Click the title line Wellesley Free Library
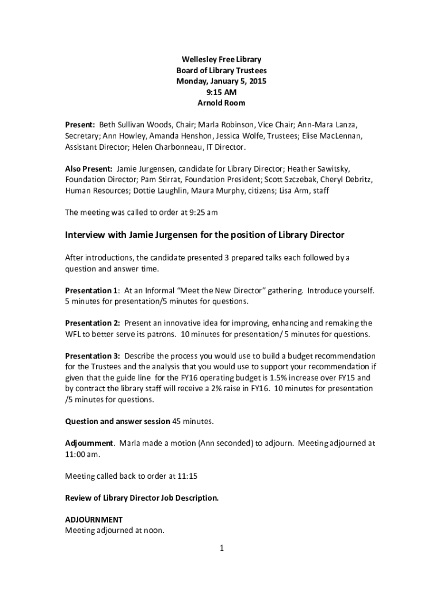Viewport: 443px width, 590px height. [x=221, y=59]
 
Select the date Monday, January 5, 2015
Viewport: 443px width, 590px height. [x=221, y=81]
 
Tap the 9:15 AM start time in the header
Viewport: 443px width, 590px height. [x=221, y=92]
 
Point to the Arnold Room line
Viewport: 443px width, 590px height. [x=221, y=103]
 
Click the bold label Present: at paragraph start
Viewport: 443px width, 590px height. [x=80, y=124]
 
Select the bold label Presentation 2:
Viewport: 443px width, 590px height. [x=92, y=323]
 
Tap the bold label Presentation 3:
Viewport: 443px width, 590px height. [x=92, y=355]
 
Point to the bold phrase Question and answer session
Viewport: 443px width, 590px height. [x=117, y=421]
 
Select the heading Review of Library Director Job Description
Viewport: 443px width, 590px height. [x=142, y=497]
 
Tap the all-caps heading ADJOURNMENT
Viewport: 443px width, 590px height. [x=94, y=519]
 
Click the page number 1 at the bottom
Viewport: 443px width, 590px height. [x=221, y=548]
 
